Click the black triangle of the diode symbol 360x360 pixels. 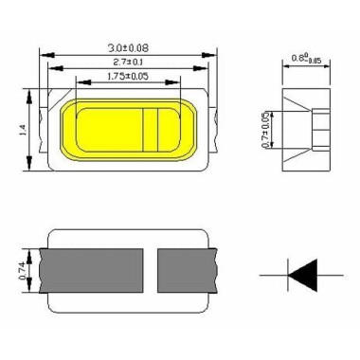pyautogui.click(x=302, y=275)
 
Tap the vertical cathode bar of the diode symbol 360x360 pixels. pyautogui.click(x=288, y=275)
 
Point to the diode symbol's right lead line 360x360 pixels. pyautogui.click(x=329, y=275)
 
